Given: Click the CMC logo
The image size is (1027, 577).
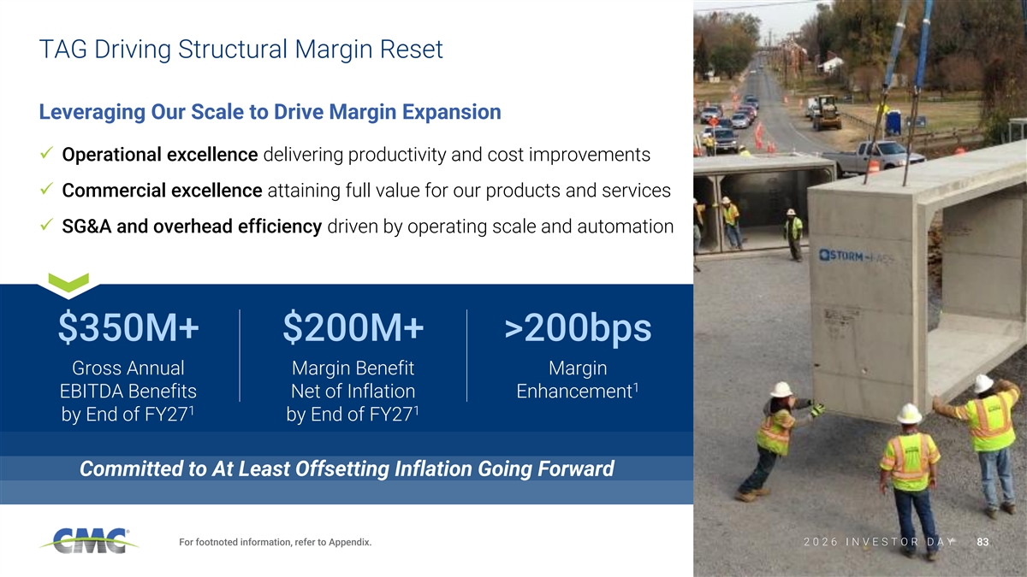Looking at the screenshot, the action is point(89,541).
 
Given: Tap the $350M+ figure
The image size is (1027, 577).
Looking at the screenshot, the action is point(128,327).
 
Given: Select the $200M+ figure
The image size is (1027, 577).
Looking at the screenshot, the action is point(353,327).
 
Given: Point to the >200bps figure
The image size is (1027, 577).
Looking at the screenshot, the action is point(578,328).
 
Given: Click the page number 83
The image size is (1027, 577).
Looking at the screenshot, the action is point(982,542).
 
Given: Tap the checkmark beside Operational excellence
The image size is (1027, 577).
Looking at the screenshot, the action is point(47,152).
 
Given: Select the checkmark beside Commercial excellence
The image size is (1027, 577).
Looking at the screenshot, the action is point(47,188).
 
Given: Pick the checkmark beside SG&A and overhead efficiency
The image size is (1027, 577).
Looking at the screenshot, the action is point(47,224).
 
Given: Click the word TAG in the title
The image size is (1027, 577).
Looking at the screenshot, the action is point(63,50).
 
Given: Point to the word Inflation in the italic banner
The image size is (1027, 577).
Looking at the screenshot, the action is point(433,469).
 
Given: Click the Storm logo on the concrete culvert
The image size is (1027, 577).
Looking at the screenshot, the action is point(856,256).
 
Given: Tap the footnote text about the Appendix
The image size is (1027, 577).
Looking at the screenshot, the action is point(275,542).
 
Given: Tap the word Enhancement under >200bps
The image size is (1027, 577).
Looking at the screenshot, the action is point(574,392).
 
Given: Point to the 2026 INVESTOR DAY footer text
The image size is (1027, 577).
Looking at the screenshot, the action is point(879,542).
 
